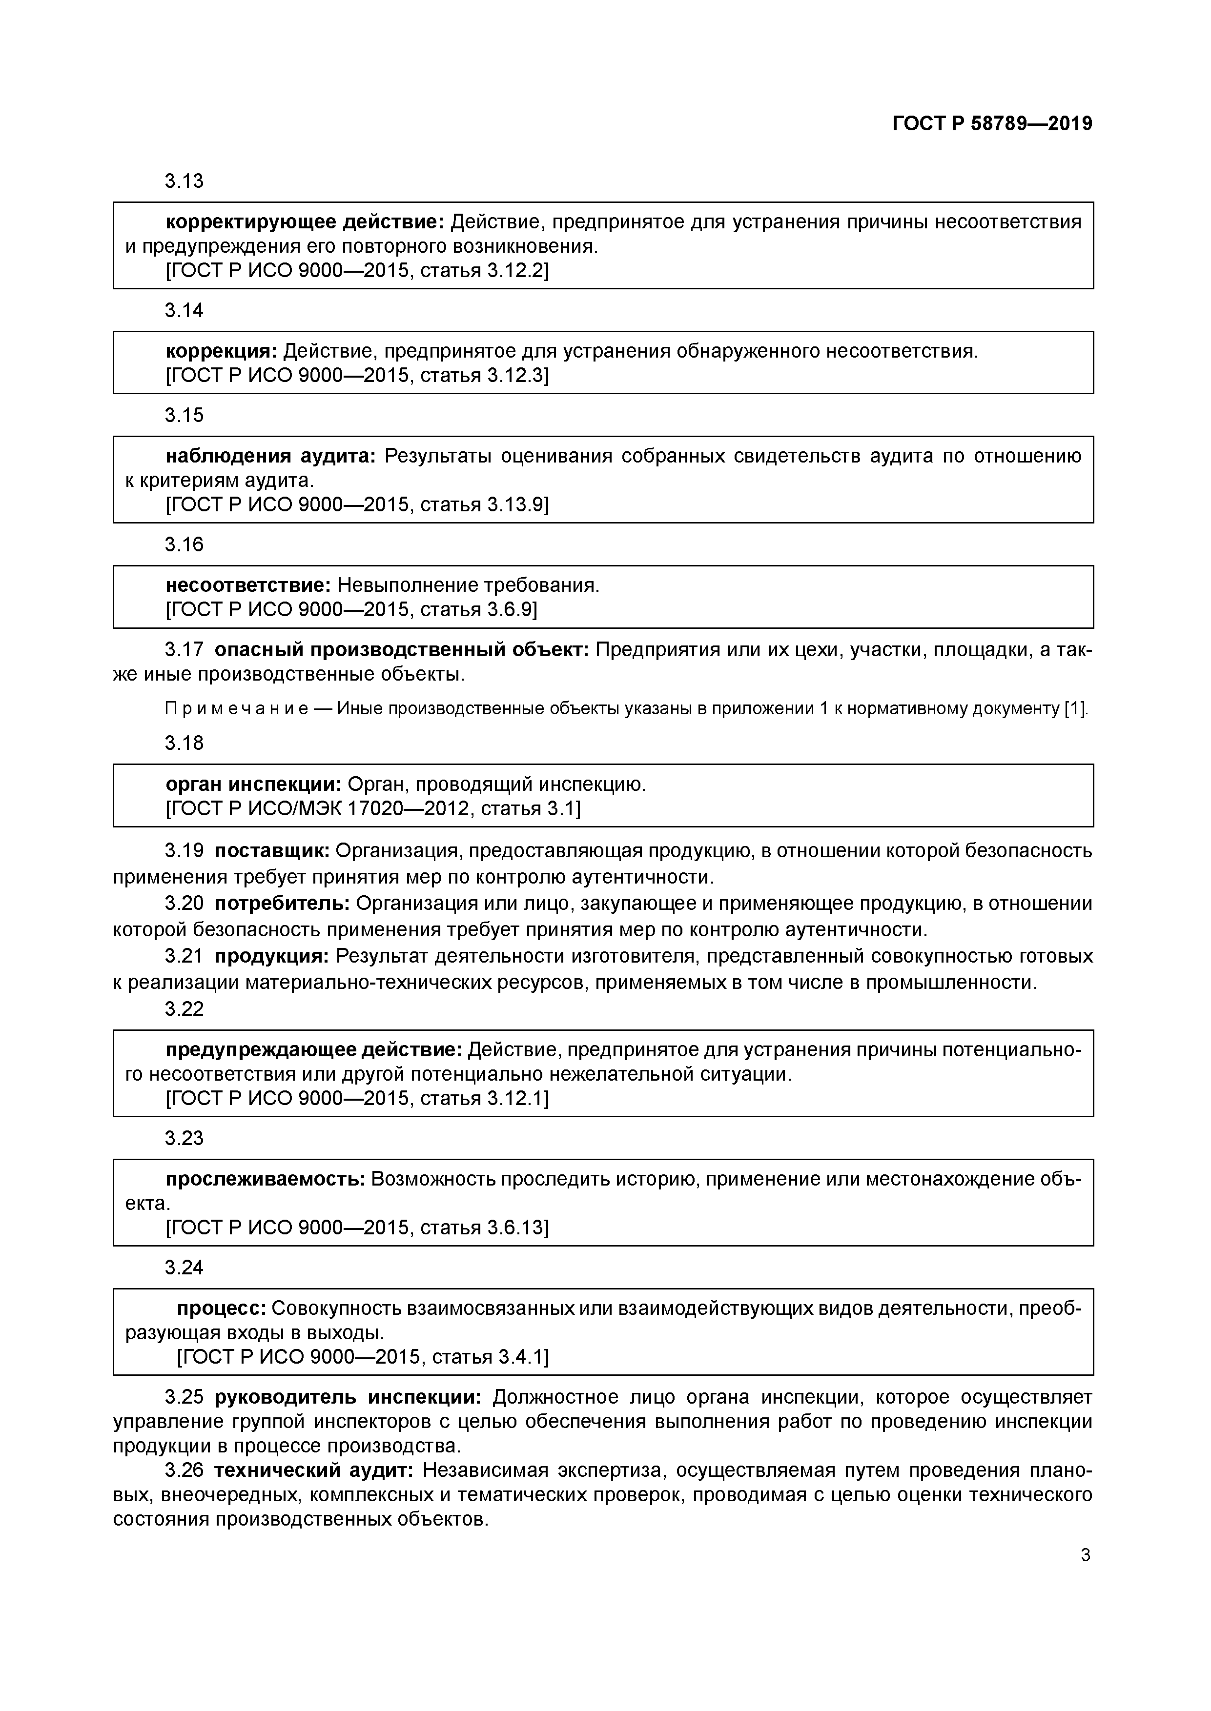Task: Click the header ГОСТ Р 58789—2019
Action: pyautogui.click(x=992, y=124)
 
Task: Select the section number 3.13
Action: pyautogui.click(x=184, y=181)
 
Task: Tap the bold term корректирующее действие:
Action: pyautogui.click(x=304, y=222)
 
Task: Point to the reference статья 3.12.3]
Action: pyautogui.click(x=484, y=376)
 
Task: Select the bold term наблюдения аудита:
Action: pyautogui.click(x=271, y=456)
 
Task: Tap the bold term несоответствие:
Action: pyautogui.click(x=247, y=586)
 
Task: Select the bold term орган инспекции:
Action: pyautogui.click(x=253, y=785)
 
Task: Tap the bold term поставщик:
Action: pyautogui.click(x=272, y=851)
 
